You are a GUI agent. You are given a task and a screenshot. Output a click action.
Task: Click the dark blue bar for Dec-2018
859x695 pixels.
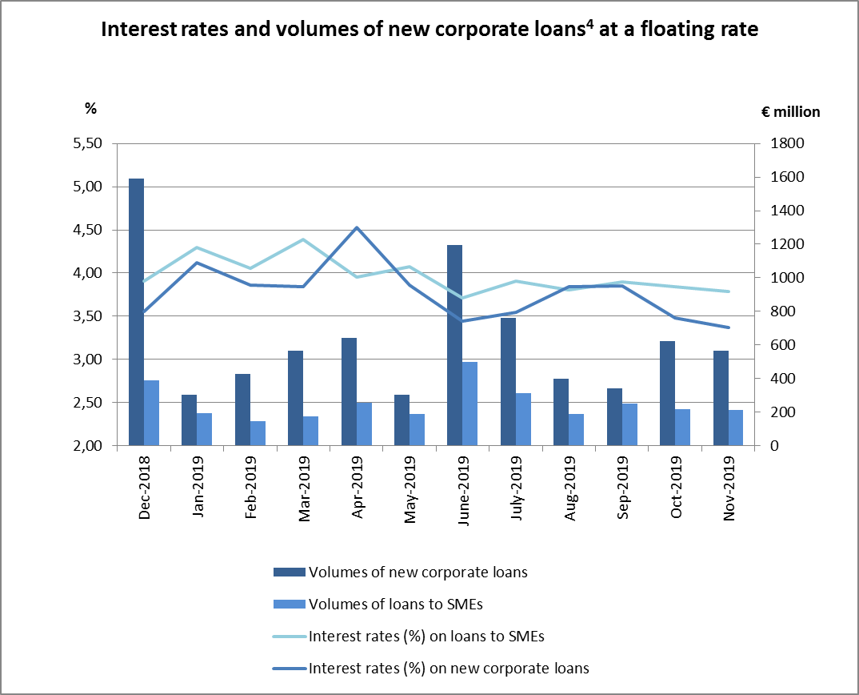(x=137, y=312)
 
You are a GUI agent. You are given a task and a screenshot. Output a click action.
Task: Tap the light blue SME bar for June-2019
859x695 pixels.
(x=469, y=404)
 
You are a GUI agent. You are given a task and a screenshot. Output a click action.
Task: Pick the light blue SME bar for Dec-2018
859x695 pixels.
(x=152, y=413)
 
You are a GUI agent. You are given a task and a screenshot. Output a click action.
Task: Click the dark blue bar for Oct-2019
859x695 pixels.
(x=667, y=393)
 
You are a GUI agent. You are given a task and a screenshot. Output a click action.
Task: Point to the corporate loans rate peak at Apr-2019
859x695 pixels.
(x=356, y=228)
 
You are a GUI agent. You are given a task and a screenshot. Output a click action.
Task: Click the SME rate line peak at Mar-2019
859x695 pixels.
(x=303, y=239)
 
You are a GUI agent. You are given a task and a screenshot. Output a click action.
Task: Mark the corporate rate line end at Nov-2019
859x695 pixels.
(x=728, y=327)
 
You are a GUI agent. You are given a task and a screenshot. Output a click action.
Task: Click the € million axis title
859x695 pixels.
(x=790, y=112)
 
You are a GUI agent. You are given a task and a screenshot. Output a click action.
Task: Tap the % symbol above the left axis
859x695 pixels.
(x=90, y=109)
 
